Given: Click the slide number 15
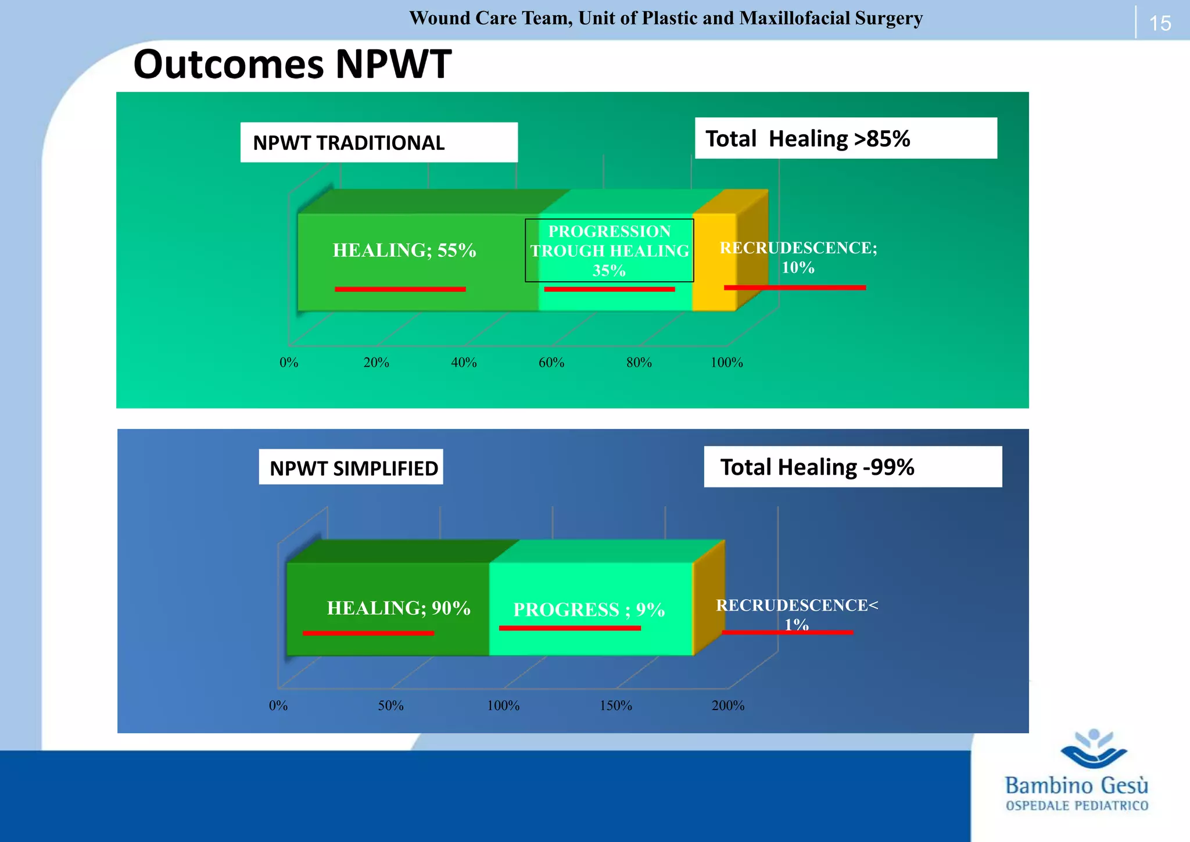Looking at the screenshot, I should click(1160, 23).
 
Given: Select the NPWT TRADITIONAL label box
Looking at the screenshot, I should click(379, 142).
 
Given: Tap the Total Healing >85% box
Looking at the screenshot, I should click(845, 138).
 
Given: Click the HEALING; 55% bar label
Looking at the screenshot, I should click(404, 250).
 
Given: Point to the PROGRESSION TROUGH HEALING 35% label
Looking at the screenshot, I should click(610, 250).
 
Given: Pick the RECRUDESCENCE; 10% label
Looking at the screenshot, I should click(798, 257).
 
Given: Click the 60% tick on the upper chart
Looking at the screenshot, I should click(551, 363).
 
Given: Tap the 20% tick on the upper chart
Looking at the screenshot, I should click(377, 363).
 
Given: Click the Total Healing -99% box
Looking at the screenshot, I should click(852, 467).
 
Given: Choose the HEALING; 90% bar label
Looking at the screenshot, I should click(399, 608).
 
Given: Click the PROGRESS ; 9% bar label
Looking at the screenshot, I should click(589, 610).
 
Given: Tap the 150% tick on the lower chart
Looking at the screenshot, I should click(616, 705).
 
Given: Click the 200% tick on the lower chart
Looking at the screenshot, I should click(728, 705).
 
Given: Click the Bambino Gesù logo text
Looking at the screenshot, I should click(1077, 786).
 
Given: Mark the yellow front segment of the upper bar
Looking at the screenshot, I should click(714, 261).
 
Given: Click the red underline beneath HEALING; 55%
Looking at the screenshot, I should click(400, 289).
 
